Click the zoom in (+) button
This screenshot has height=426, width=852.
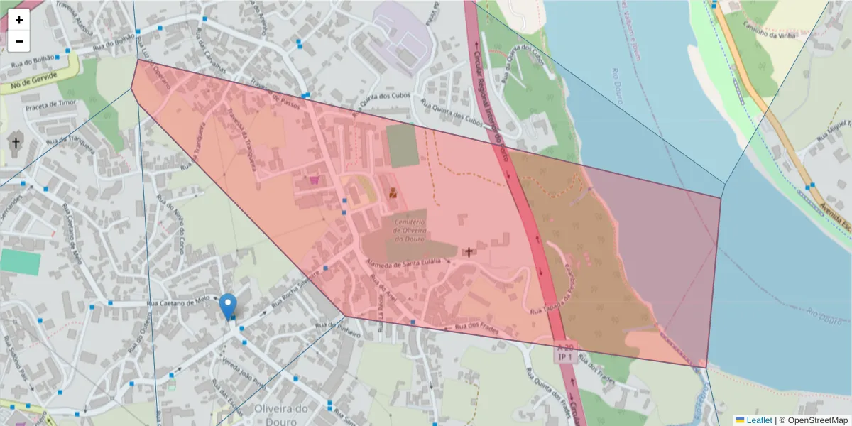[x=19, y=20]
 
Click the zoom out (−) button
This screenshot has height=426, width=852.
[x=19, y=41]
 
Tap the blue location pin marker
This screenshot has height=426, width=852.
[x=228, y=306]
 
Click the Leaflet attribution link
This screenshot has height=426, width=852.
[x=753, y=420]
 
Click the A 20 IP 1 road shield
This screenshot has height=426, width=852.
[x=566, y=352]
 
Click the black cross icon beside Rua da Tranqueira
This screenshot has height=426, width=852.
[x=16, y=143]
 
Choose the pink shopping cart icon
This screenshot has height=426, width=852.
[x=314, y=181]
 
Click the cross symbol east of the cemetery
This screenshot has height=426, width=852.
[x=468, y=251]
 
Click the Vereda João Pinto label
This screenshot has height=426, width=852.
[x=241, y=372]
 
